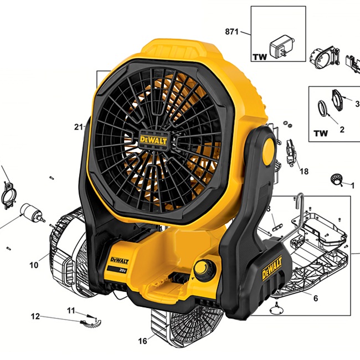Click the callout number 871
[x=232, y=32]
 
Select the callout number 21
[x=79, y=127]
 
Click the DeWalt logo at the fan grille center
[x=153, y=140]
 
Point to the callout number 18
[x=304, y=171]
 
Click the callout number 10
[x=34, y=265]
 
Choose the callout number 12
[x=35, y=316]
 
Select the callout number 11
[x=71, y=311]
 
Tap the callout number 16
[x=142, y=341]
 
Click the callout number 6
[x=316, y=298]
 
